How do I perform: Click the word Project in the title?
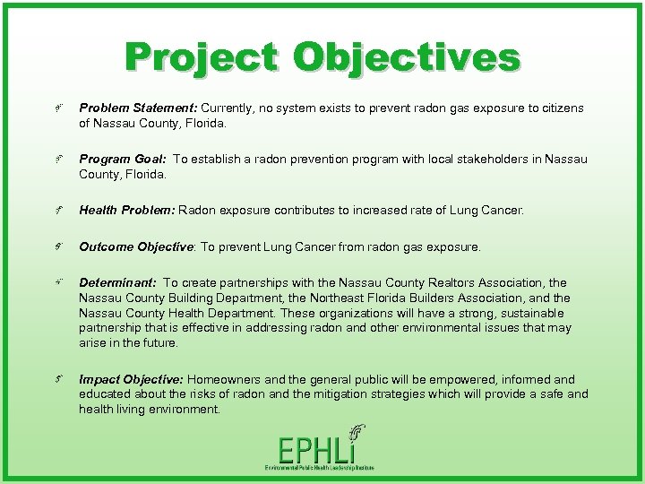pyautogui.click(x=202, y=57)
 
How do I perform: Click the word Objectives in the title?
pyautogui.click(x=405, y=57)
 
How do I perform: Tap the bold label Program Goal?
pyautogui.click(x=124, y=159)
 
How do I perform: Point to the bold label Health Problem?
pyautogui.click(x=127, y=210)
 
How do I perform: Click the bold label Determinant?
pyautogui.click(x=117, y=283)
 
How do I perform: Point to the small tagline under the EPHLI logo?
pyautogui.click(x=319, y=468)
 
